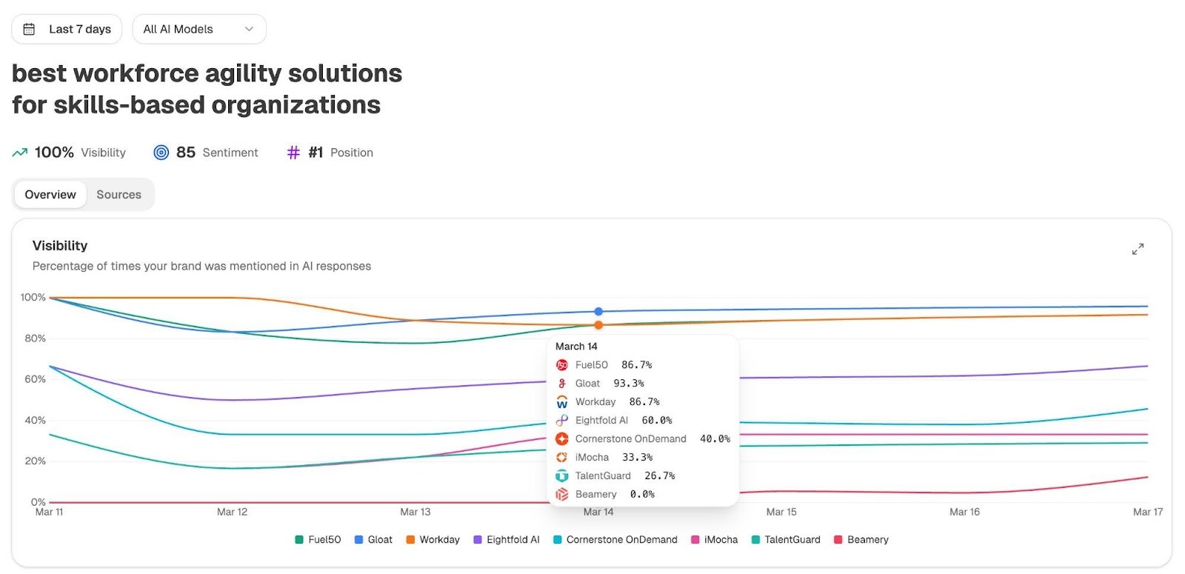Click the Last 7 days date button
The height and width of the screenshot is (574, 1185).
[x=68, y=29]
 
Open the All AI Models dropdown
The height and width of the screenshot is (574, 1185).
[x=198, y=29]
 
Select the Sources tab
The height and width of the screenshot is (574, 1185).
[x=118, y=195]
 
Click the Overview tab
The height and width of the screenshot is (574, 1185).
[x=50, y=195]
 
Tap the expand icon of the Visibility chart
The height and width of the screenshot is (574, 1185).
[x=1138, y=249]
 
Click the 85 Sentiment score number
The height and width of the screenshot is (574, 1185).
[x=185, y=153]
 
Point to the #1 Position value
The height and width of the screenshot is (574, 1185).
[x=316, y=153]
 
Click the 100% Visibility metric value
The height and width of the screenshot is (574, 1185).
[x=54, y=153]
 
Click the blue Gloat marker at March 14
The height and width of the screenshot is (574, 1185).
[x=598, y=312]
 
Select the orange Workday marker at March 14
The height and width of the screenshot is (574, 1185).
[x=598, y=325]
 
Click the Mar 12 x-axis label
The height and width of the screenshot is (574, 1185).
[x=232, y=512]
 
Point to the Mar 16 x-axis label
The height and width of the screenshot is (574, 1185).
[x=964, y=512]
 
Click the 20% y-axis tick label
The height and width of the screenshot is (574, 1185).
[x=35, y=461]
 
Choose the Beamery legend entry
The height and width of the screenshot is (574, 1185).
[x=867, y=540]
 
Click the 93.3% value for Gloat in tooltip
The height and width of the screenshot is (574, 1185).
[x=629, y=384]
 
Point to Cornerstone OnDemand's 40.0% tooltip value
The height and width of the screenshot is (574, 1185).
[x=715, y=439]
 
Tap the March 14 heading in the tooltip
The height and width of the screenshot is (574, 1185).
[x=576, y=347]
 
